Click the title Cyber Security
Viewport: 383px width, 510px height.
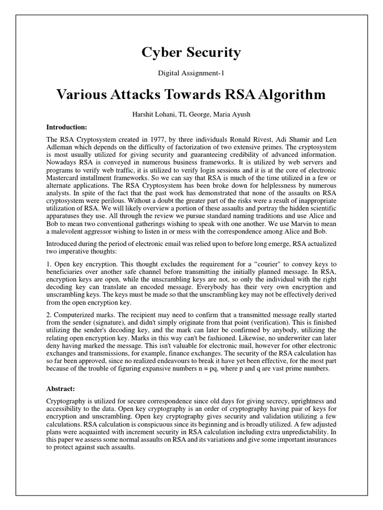click(191, 52)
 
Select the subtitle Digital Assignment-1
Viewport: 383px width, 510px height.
click(191, 74)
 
